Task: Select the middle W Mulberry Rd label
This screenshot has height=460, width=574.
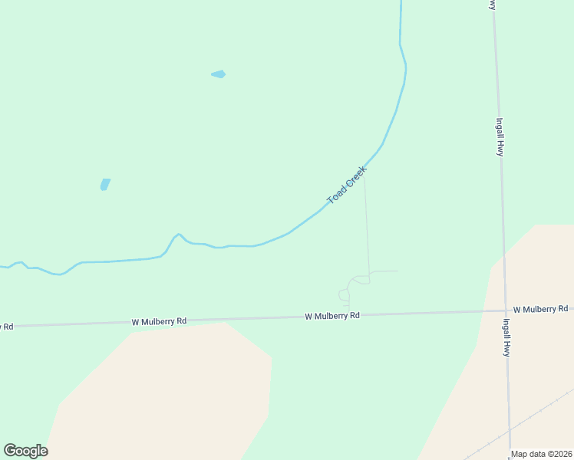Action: (332, 316)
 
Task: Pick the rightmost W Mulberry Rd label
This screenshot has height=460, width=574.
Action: (540, 309)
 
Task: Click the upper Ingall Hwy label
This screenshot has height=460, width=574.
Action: (499, 136)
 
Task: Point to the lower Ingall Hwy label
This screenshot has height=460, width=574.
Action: (506, 337)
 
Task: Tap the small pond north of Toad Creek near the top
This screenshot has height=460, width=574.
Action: (219, 74)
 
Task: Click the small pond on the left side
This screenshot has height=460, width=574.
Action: (104, 184)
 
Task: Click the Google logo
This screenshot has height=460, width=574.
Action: (25, 451)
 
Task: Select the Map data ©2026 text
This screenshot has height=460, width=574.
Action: (541, 454)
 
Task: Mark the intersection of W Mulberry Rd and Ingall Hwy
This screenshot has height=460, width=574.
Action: (504, 310)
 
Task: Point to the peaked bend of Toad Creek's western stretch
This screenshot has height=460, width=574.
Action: (178, 235)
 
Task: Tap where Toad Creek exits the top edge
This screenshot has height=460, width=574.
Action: (401, 2)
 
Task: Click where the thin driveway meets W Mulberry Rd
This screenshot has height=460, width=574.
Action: (348, 314)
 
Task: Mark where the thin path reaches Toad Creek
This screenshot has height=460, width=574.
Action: (364, 176)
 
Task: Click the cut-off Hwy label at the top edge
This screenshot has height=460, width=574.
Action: (492, 5)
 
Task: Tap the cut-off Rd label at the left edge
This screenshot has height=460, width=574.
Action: (6, 327)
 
